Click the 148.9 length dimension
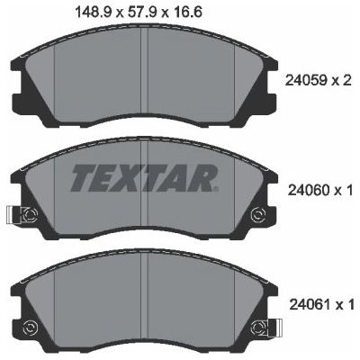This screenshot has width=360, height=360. pyautogui.click(x=94, y=13)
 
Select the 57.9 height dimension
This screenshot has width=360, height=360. pyautogui.click(x=141, y=13)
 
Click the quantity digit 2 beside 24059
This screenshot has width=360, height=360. pyautogui.click(x=346, y=80)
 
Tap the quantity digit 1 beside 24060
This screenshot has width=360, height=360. pyautogui.click(x=348, y=190)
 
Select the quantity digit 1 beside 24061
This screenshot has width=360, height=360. pyautogui.click(x=350, y=305)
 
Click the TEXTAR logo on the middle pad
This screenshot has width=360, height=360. pyautogui.click(x=143, y=178)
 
